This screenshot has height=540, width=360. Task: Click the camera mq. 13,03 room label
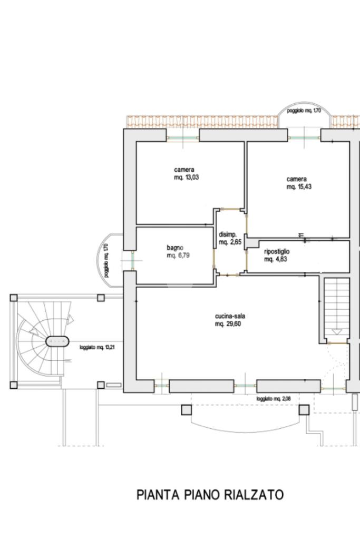tap(187, 174)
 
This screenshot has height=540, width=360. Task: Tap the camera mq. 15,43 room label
tap(299, 183)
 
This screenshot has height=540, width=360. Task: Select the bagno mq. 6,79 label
tap(178, 251)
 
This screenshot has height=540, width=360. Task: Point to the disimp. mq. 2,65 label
tap(230, 238)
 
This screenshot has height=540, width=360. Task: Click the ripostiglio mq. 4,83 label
tap(277, 255)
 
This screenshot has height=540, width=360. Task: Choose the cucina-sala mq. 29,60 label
tap(230, 320)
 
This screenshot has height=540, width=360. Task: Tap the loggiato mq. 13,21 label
tap(97, 348)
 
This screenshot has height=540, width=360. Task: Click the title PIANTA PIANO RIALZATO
tap(210, 495)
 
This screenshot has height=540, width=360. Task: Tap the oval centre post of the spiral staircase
tap(57, 341)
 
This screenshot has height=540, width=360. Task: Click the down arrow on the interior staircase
tap(337, 332)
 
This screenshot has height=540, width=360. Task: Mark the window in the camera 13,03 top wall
tap(183, 138)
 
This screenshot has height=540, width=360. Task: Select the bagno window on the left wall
tap(132, 261)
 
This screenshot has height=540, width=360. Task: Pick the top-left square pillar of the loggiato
tap(13, 298)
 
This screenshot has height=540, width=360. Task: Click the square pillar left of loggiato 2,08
tap(186, 410)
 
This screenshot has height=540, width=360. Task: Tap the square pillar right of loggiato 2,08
tap(304, 410)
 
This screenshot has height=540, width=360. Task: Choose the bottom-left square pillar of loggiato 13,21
tap(13, 385)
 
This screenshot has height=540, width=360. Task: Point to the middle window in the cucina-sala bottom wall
tap(246, 386)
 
